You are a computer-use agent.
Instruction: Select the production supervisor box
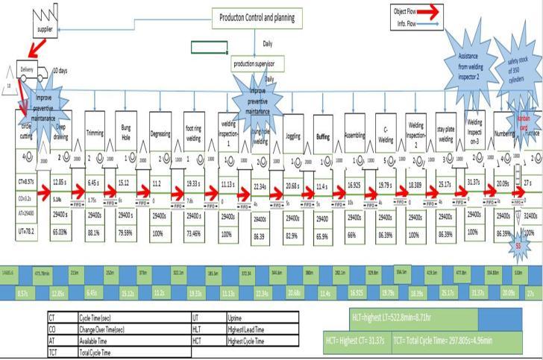point(257,64)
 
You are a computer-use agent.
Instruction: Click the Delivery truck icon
point(26,69)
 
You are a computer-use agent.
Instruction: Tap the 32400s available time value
point(530,214)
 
